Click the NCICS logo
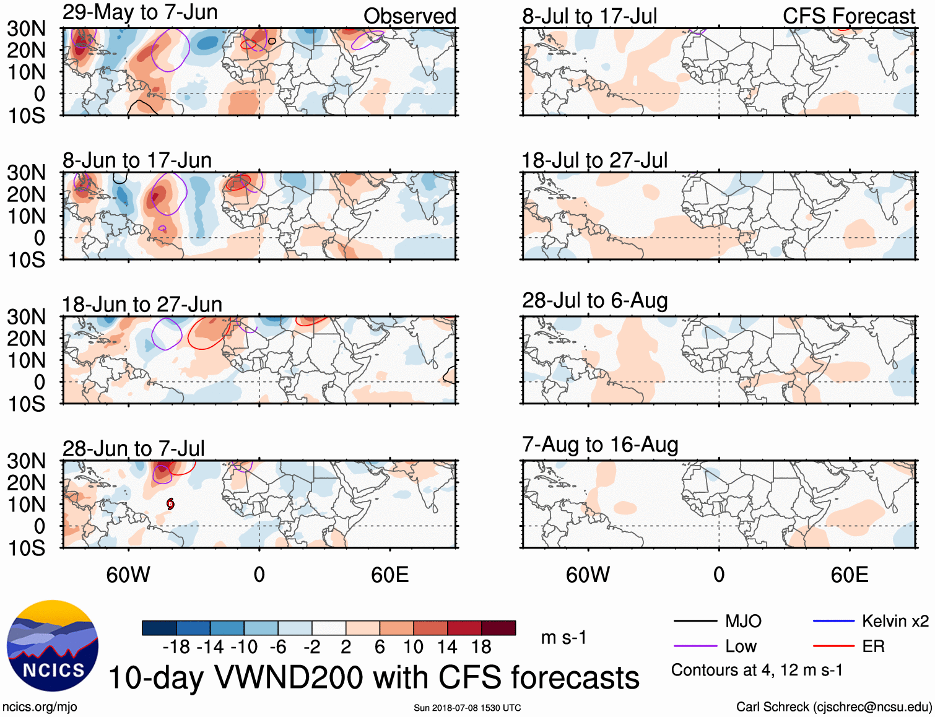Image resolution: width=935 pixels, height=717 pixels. coord(53,645)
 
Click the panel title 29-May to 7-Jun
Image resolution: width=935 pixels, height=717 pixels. coord(140,12)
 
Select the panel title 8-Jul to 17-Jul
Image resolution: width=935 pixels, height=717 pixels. coord(589,16)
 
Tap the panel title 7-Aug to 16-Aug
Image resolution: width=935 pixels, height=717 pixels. coord(600,445)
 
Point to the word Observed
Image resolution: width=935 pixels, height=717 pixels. coord(409,16)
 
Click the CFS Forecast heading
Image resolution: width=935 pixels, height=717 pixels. coord(848,16)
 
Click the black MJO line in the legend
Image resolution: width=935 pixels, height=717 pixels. coord(695,621)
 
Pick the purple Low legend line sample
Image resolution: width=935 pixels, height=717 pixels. coord(695,646)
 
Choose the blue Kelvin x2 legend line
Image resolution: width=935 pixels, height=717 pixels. coord(833,621)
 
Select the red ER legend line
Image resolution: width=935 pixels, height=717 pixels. coord(833,646)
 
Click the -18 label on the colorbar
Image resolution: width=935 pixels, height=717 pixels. coord(176,647)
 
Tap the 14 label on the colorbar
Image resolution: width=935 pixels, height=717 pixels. coord(447,647)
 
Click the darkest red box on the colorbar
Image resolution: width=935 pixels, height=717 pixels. coord(498,628)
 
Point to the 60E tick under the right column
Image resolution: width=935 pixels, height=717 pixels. coord(849,575)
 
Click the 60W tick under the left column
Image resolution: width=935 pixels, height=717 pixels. coord(128,575)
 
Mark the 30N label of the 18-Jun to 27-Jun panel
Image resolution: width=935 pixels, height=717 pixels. coord(27,317)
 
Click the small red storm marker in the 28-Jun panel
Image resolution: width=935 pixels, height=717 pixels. coord(170,505)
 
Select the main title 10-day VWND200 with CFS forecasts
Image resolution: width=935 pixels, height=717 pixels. coord(373,677)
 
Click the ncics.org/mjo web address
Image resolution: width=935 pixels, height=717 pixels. coord(40,707)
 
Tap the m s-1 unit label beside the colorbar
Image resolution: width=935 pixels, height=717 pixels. coord(563,637)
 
